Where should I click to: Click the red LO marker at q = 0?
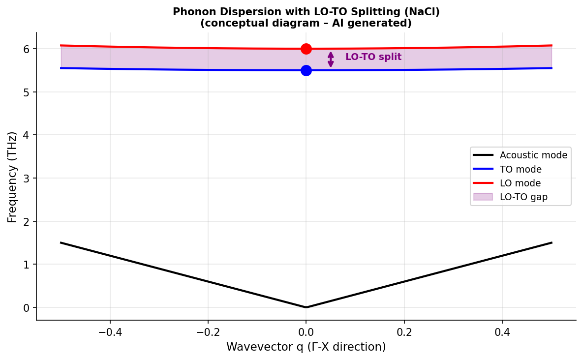(x=306, y=49)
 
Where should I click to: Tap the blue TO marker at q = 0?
(x=306, y=70)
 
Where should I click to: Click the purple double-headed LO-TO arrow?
(x=331, y=60)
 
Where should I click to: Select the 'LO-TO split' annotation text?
(x=373, y=57)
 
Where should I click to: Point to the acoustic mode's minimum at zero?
(x=306, y=307)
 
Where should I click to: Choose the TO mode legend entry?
(x=521, y=169)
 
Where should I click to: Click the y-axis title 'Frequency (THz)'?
(x=12, y=177)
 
